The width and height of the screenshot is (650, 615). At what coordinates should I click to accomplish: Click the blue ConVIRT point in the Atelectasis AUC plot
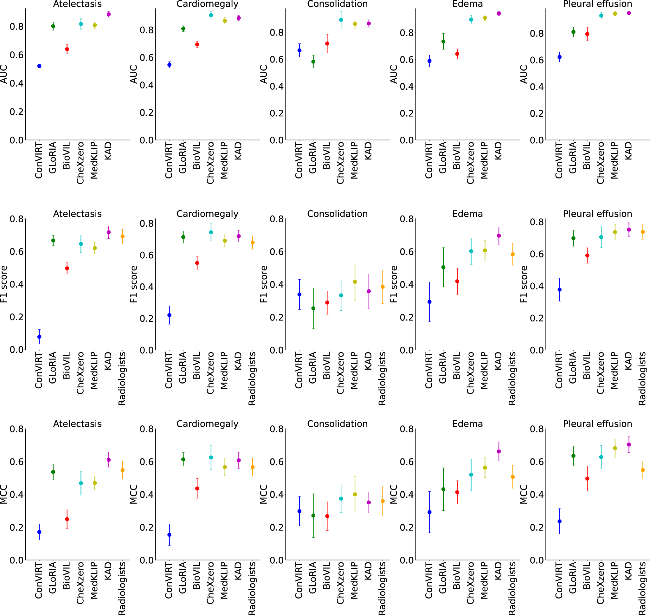click(39, 66)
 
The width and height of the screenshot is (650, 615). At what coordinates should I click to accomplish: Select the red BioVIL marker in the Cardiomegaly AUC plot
click(197, 44)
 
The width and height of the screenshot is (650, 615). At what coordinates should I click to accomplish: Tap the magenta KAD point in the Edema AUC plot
click(499, 13)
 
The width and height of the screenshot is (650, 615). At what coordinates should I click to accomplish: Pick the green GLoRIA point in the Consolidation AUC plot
click(313, 61)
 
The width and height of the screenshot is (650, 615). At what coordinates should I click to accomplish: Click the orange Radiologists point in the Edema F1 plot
click(512, 254)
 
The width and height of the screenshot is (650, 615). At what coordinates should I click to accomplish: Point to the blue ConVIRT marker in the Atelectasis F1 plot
click(39, 337)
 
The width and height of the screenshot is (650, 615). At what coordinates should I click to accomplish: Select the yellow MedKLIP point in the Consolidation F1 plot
click(355, 282)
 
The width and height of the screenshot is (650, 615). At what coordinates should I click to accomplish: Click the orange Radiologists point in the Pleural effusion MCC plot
click(642, 470)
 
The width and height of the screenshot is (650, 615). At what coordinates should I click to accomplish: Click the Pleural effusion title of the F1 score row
click(597, 214)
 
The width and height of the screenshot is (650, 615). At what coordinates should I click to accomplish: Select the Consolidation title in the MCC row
click(337, 424)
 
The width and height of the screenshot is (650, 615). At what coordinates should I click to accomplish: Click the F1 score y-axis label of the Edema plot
click(394, 284)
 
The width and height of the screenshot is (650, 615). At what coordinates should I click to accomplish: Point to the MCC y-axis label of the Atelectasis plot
click(3, 494)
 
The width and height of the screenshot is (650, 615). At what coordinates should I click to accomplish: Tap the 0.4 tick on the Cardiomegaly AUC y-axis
click(146, 85)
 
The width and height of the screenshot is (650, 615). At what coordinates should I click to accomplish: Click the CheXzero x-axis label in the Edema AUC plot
click(470, 163)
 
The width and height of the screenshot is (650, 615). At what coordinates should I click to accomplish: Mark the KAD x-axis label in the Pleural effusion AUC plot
click(628, 151)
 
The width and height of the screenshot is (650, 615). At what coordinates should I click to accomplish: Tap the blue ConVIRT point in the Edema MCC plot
click(429, 512)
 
